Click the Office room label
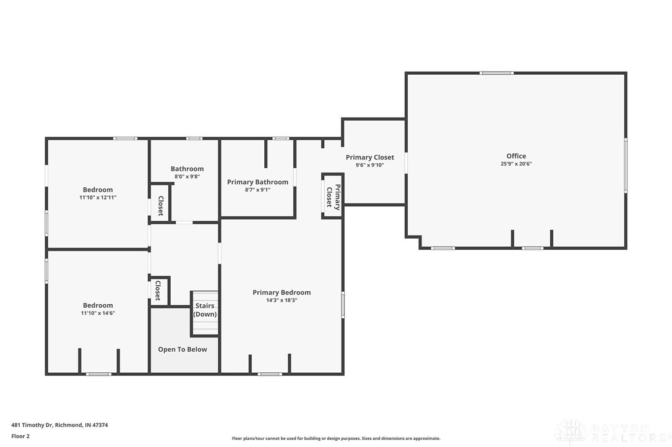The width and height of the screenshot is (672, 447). pyautogui.click(x=516, y=156)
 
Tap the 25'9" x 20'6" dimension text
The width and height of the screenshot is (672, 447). pyautogui.click(x=516, y=164)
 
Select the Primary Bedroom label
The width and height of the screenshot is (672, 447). pyautogui.click(x=282, y=292)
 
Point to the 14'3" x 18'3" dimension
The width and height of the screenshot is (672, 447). pyautogui.click(x=282, y=300)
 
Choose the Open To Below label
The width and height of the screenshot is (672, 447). pyautogui.click(x=183, y=349)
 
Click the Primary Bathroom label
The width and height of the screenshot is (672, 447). pyautogui.click(x=257, y=182)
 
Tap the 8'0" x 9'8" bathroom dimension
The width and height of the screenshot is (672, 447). pyautogui.click(x=187, y=177)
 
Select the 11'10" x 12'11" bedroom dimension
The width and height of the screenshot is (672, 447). pyautogui.click(x=98, y=198)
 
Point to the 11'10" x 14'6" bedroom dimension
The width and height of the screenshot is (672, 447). pyautogui.click(x=98, y=313)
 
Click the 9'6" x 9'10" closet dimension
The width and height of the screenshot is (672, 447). pyautogui.click(x=369, y=165)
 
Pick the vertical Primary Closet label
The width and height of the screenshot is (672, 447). pyautogui.click(x=333, y=197)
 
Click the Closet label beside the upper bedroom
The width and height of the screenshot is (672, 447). pyautogui.click(x=160, y=206)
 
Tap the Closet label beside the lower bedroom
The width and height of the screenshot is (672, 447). pyautogui.click(x=158, y=290)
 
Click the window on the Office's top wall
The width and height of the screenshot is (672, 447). pyautogui.click(x=496, y=73)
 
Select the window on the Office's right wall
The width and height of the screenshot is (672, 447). pyautogui.click(x=626, y=165)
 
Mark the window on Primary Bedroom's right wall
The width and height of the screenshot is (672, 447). pyautogui.click(x=343, y=304)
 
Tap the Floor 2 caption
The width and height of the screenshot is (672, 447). pyautogui.click(x=20, y=436)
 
